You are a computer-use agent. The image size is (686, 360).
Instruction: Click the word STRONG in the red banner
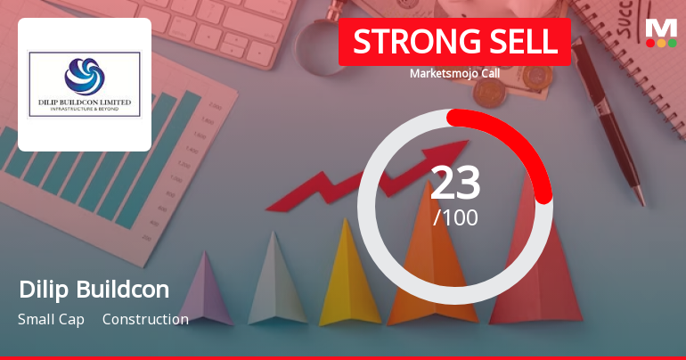[x=404, y=42]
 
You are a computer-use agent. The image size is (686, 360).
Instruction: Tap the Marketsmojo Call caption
[x=454, y=74]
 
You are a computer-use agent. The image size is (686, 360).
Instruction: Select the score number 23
[x=455, y=183]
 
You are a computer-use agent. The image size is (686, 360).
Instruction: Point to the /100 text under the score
[x=455, y=217]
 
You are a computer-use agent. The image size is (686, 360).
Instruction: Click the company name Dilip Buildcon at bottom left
[x=94, y=289]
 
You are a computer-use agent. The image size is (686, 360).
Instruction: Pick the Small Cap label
[x=51, y=319]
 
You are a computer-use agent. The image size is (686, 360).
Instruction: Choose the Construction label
[x=145, y=319]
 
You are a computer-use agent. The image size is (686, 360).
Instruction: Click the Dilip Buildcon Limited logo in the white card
[x=85, y=84]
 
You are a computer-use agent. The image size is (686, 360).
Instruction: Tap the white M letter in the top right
[x=661, y=27]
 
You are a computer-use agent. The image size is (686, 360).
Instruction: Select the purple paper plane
[x=204, y=290]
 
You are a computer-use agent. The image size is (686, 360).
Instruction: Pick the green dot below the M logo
[x=673, y=43]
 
